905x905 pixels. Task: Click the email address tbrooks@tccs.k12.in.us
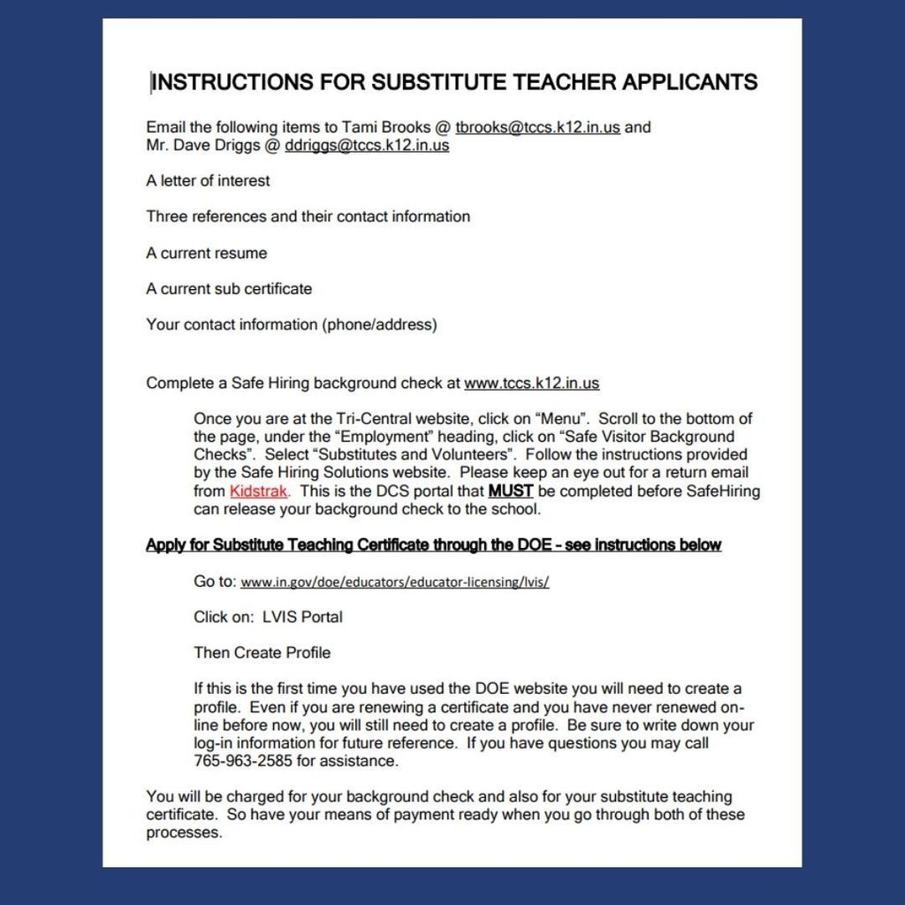coord(537,127)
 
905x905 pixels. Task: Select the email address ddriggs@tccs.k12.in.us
coord(367,146)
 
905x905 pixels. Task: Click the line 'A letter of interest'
coord(208,181)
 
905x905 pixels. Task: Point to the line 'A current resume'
coord(206,254)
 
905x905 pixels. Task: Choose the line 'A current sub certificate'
coord(229,289)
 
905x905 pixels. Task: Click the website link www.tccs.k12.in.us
coord(531,384)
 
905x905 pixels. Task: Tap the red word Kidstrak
coord(258,491)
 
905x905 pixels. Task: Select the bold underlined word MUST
coord(510,491)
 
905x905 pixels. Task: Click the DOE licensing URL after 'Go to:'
coord(394,582)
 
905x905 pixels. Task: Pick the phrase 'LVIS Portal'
coord(302,617)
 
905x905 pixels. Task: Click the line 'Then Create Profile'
coord(262,653)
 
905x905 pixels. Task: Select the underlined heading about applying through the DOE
coord(433,545)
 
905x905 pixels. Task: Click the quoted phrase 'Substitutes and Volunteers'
coord(414,455)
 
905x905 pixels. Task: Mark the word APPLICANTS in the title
coord(690,82)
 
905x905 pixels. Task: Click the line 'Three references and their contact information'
coord(308,217)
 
